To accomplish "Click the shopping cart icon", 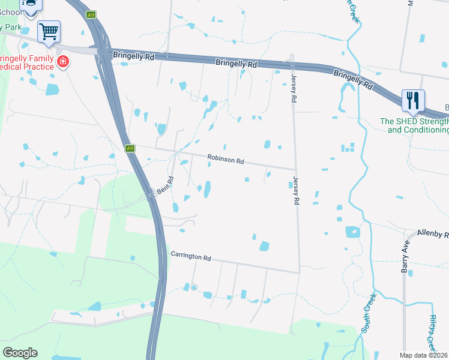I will tap(49, 30).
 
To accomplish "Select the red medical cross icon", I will tap(62, 61).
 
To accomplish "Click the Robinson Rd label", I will tap(225, 160).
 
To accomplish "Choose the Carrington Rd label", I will tap(191, 257).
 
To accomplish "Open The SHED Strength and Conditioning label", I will tap(415, 125).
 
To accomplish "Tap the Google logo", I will tap(20, 352).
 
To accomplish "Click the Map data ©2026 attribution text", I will tap(424, 355).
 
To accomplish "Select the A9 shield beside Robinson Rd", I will tap(130, 148).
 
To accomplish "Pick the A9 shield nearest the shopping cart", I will tap(91, 14).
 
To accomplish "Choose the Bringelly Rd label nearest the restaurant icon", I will tap(354, 79).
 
